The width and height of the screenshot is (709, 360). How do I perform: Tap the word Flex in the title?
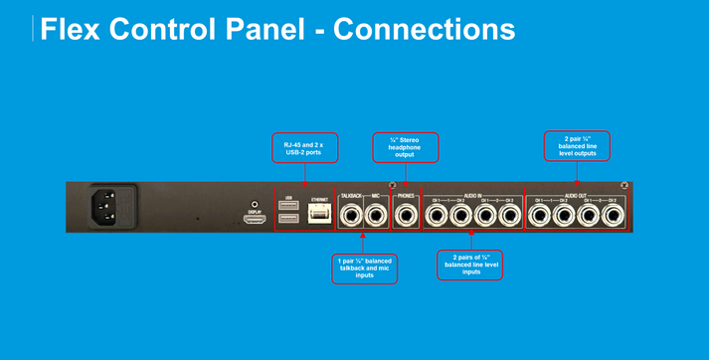point(79,29)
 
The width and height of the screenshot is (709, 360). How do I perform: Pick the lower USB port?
point(289,221)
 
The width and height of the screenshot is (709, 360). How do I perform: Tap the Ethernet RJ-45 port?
point(318,214)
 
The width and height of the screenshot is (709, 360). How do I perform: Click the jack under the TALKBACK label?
point(352,214)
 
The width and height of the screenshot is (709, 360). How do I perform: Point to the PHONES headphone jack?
point(407,214)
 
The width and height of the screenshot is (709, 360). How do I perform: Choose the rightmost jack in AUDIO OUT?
point(615,214)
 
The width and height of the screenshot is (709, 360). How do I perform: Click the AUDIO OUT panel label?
point(577,195)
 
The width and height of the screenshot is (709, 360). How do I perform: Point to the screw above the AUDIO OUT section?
point(623,186)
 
